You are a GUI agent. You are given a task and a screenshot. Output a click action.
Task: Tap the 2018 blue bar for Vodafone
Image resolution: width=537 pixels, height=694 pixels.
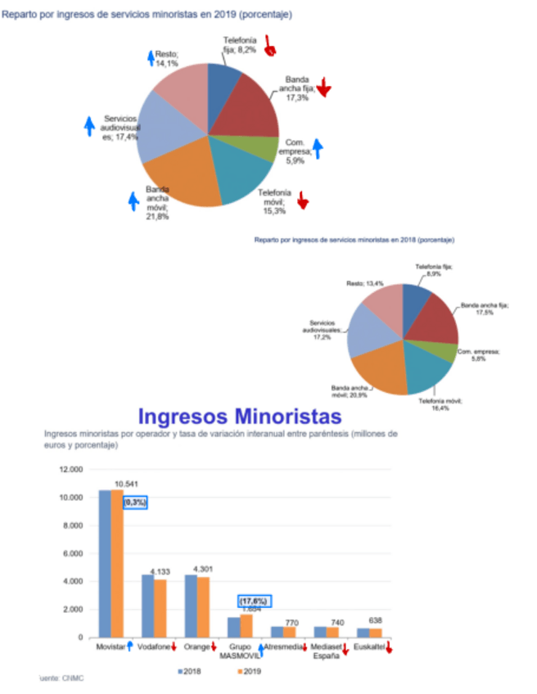tap(147, 606)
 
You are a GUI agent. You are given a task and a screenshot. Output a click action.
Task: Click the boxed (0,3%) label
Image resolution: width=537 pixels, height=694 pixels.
tap(134, 502)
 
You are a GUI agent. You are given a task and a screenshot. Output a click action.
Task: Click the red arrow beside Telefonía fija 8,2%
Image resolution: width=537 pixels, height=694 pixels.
tap(269, 44)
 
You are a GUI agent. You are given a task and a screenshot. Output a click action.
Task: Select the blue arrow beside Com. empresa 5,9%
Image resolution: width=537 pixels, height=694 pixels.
tap(318, 148)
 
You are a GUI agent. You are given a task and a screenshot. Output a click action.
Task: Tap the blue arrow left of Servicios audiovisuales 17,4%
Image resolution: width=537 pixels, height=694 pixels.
tap(90, 125)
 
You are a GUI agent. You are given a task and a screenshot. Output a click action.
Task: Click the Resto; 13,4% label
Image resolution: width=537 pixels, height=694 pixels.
tap(362, 283)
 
